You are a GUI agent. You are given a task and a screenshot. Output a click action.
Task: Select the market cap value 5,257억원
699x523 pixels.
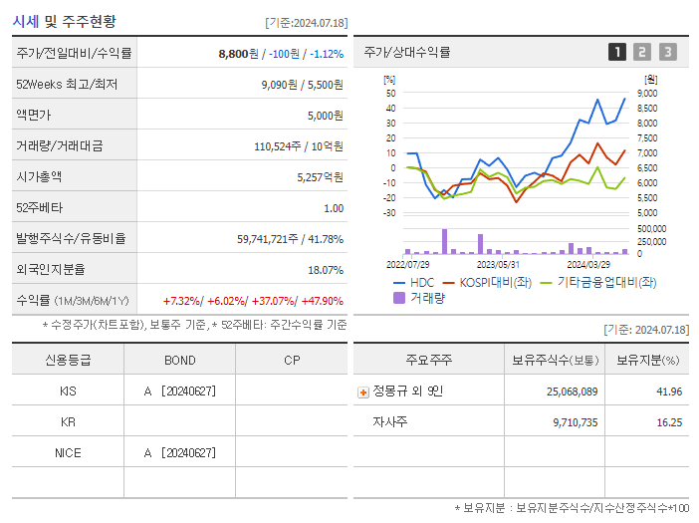tap(320, 177)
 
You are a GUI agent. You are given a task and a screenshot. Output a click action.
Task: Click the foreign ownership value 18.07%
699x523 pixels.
tap(325, 270)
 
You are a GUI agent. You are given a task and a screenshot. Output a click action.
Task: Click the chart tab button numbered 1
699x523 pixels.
tap(617, 52)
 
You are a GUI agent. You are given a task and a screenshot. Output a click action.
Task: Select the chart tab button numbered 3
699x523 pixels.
tap(667, 52)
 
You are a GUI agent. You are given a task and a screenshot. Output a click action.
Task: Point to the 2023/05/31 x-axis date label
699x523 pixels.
tap(498, 265)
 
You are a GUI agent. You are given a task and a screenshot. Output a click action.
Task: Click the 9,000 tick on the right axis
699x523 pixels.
tap(647, 94)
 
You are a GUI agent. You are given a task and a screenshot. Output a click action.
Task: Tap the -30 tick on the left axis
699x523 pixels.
tap(390, 213)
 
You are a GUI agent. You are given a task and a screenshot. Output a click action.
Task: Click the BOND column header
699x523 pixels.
tap(179, 361)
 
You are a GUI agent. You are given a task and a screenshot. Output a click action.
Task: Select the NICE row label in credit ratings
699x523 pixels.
tap(68, 453)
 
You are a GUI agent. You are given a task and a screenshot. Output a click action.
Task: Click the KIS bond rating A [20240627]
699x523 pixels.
tap(179, 392)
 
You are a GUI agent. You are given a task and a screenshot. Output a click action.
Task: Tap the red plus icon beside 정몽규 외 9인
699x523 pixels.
tap(362, 392)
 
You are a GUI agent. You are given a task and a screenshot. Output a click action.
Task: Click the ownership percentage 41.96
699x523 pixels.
tap(669, 392)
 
